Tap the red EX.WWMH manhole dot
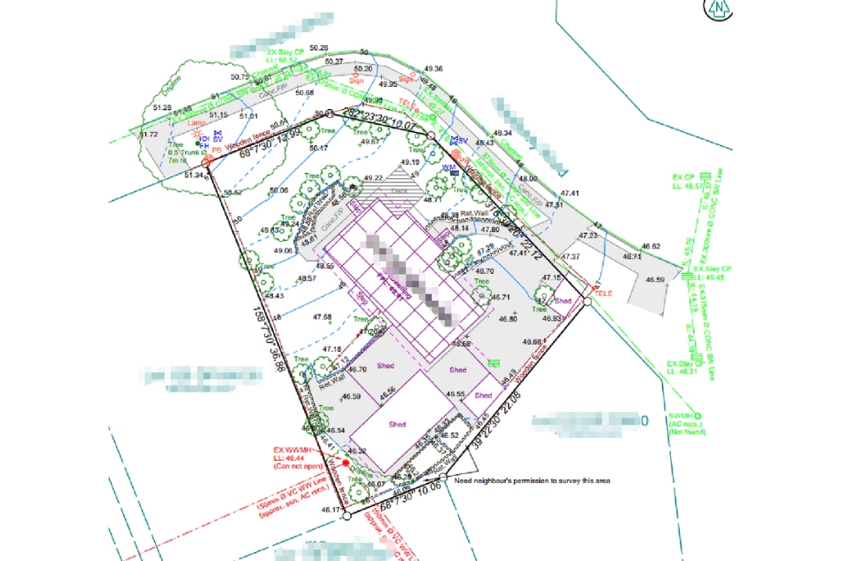[x=321, y=463]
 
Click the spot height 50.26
[x=318, y=48]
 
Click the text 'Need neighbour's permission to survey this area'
[x=532, y=480]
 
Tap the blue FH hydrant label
[x=204, y=146]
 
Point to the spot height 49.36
[x=433, y=68]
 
